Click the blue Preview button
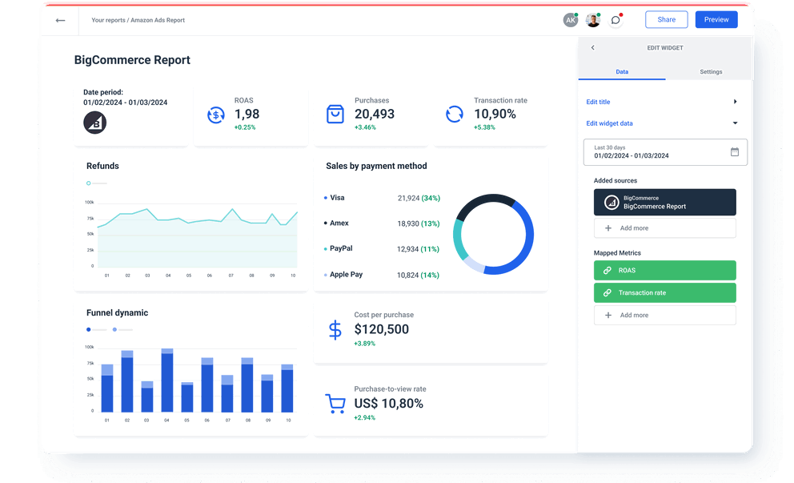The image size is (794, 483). (716, 20)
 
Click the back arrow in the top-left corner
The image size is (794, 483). (60, 20)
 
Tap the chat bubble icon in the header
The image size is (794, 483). (616, 20)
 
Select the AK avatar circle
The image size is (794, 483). (570, 20)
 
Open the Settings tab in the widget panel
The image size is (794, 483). (710, 72)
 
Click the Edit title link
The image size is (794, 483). (598, 102)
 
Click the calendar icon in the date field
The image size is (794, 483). (735, 151)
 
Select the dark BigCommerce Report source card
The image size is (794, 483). (664, 203)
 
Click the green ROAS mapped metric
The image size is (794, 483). (664, 271)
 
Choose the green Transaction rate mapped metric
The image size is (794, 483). (664, 293)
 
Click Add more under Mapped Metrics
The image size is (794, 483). (664, 316)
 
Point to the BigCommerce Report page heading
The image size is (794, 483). (132, 60)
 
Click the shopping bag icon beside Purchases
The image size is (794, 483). (335, 114)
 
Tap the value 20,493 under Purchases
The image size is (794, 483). (375, 115)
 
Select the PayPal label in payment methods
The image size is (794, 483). (341, 249)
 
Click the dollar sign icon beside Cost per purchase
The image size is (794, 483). (335, 329)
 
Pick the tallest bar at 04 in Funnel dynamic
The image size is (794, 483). (166, 380)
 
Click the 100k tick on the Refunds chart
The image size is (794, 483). (89, 203)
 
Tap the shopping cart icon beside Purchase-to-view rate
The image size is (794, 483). (335, 403)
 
